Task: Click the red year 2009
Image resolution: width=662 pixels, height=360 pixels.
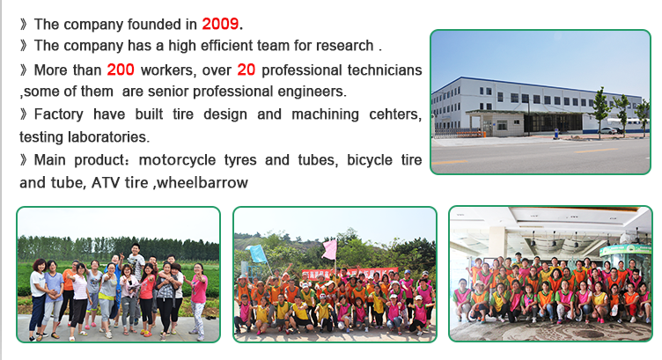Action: (220, 24)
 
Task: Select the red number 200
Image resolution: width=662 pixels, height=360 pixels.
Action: (121, 70)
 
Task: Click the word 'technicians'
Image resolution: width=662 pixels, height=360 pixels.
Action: (385, 70)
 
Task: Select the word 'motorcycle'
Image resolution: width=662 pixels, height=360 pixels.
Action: (177, 160)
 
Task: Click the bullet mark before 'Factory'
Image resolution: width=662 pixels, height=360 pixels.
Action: (24, 114)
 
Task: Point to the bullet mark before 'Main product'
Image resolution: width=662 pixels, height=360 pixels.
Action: (24, 160)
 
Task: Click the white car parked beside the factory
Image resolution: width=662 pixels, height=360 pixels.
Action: (607, 131)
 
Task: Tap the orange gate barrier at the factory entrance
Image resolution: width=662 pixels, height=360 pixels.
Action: (468, 135)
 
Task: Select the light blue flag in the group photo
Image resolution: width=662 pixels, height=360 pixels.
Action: (258, 254)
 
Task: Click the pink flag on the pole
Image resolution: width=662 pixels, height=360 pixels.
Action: (330, 250)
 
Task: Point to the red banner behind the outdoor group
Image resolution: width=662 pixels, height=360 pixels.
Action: (350, 273)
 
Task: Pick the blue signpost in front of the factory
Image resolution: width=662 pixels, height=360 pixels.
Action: (556, 134)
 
